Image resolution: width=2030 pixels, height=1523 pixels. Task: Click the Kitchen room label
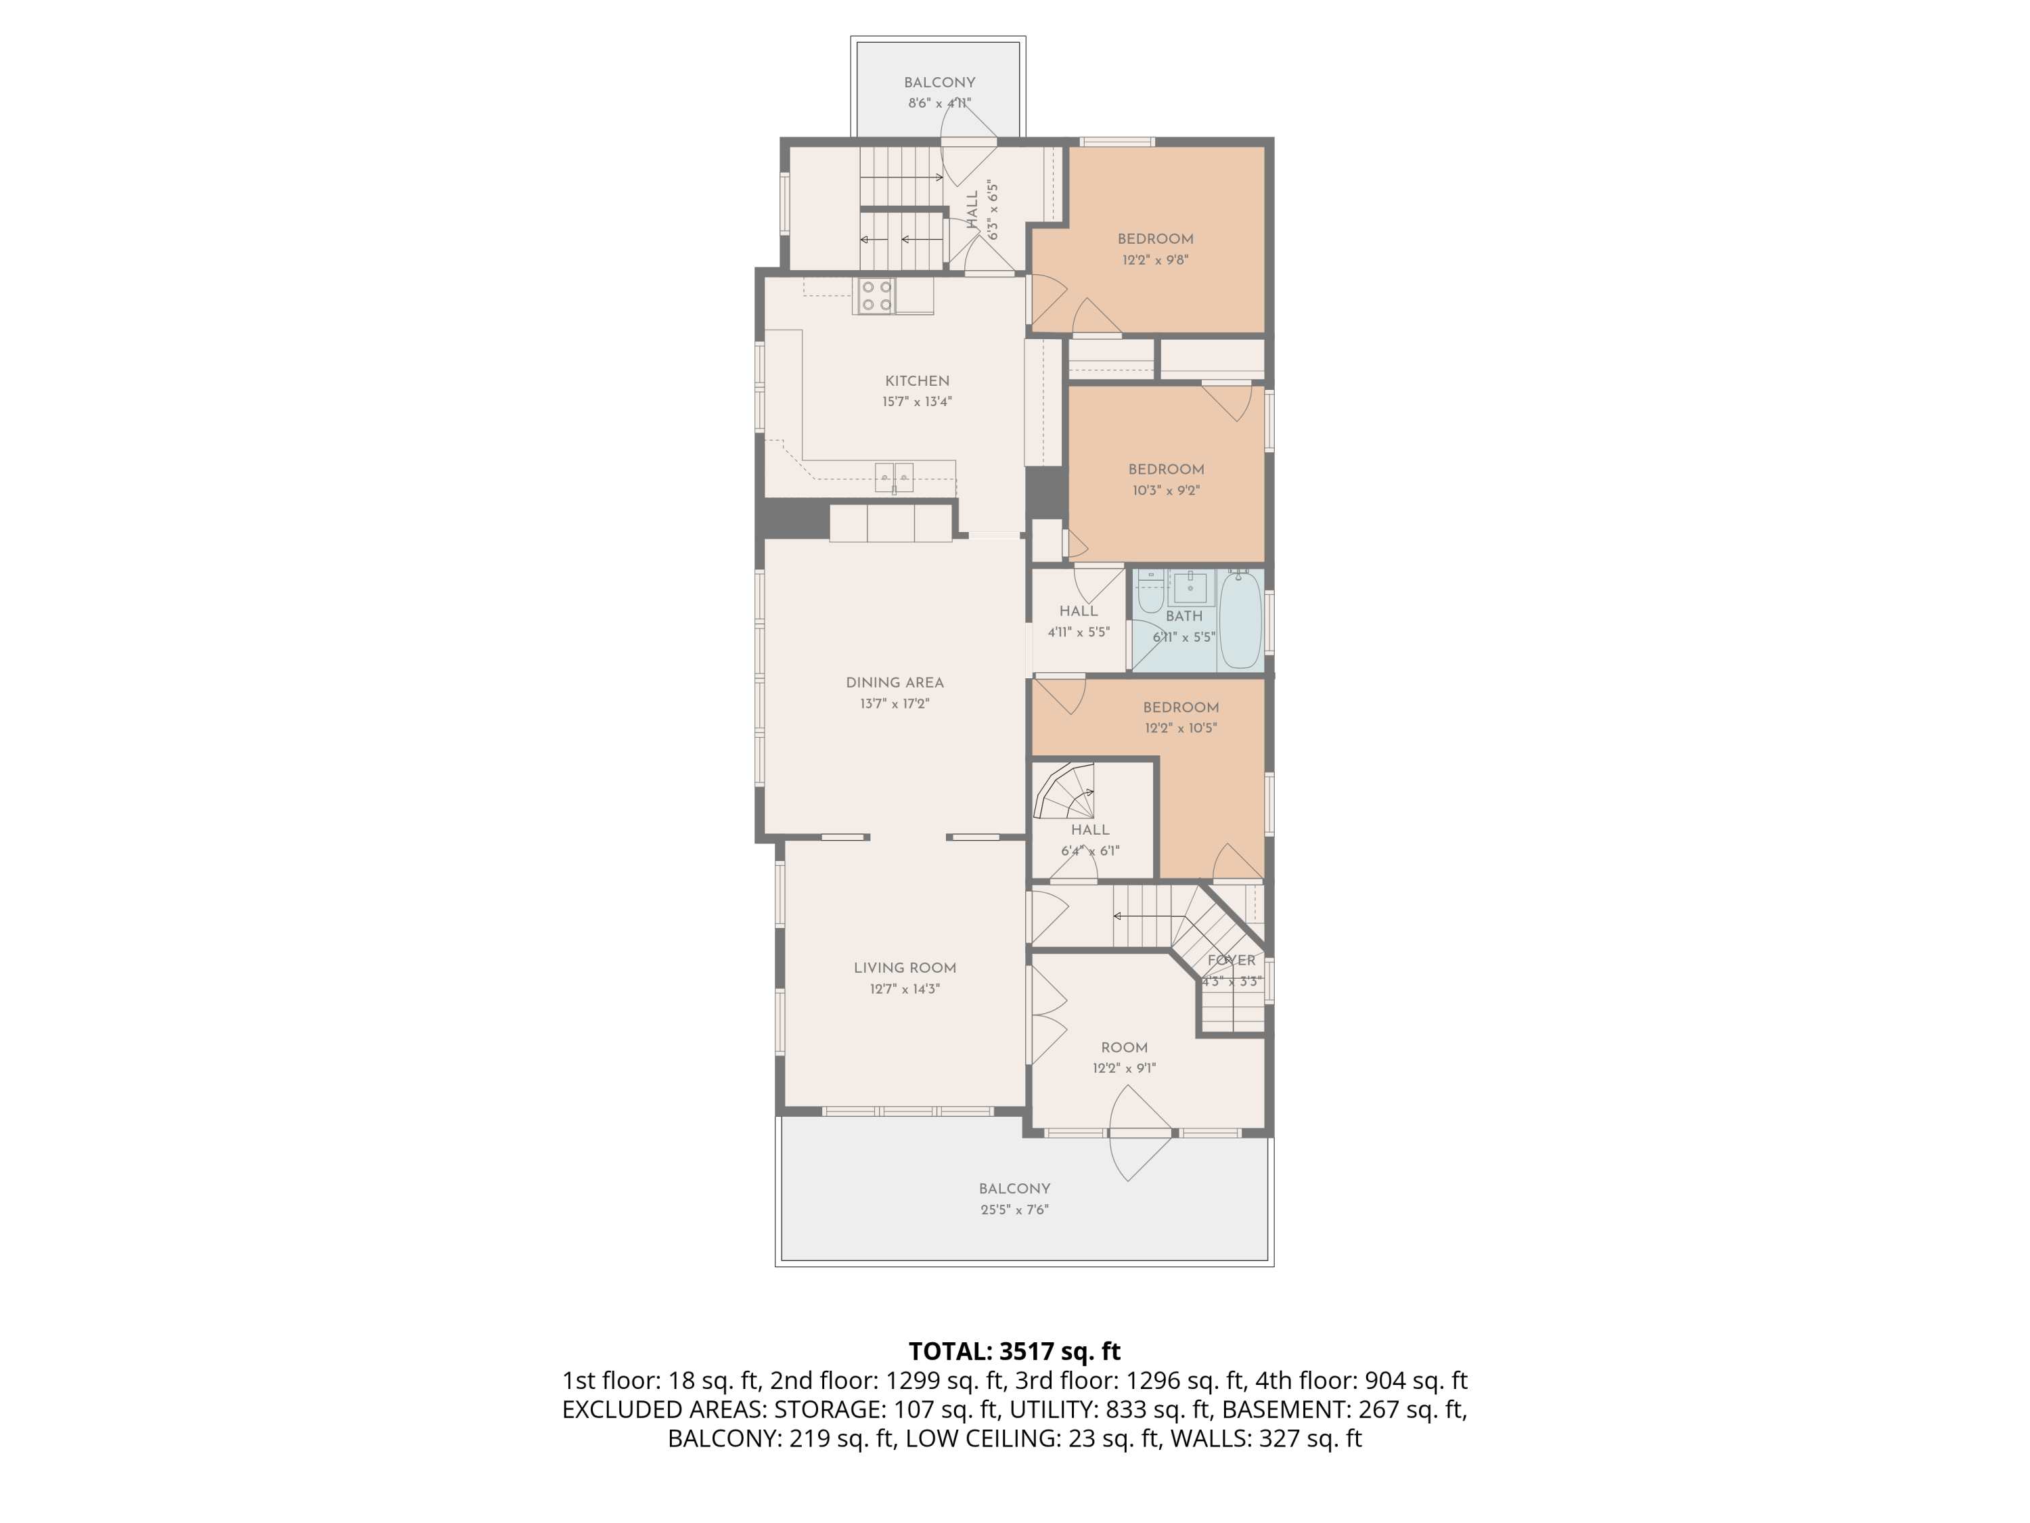(x=917, y=381)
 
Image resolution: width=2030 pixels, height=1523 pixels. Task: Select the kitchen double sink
(x=894, y=477)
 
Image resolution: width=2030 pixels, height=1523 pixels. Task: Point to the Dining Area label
(x=895, y=683)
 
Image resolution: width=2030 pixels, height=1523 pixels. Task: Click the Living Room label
(x=905, y=967)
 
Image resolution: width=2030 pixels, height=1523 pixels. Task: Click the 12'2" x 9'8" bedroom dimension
(x=1156, y=260)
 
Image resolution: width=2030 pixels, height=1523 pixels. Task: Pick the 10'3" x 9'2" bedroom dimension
(x=1167, y=490)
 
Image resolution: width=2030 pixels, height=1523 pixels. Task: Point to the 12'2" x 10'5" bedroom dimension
(x=1181, y=728)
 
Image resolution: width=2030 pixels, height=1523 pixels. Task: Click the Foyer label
(x=1232, y=961)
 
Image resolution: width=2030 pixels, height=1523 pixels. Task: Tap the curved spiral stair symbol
(x=1064, y=791)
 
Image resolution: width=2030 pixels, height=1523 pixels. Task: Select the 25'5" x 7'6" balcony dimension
(x=1014, y=1210)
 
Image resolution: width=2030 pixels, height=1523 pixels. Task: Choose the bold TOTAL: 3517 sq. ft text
(x=1014, y=1351)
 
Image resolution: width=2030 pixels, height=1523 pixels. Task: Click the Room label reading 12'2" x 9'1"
(x=1124, y=1057)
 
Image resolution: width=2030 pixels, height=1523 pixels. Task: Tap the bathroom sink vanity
(x=1190, y=585)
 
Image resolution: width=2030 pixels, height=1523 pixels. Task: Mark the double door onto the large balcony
(x=1141, y=1134)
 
